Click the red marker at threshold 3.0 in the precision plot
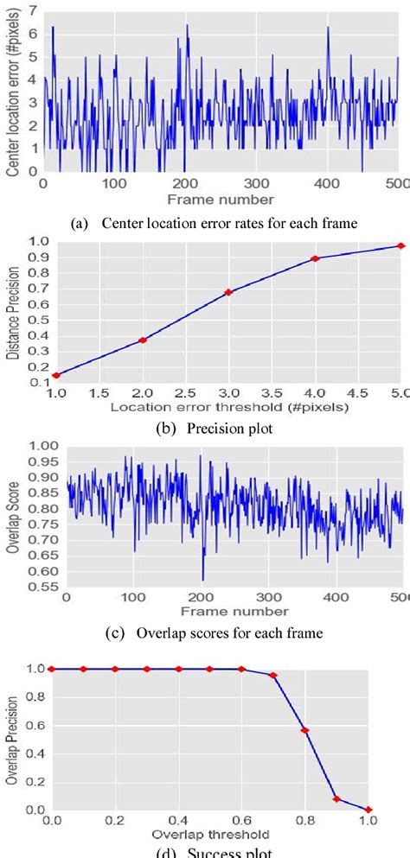[228, 292]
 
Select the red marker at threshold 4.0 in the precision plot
[315, 258]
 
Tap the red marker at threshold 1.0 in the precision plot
[56, 375]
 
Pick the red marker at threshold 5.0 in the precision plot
[400, 245]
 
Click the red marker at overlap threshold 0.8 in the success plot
[304, 730]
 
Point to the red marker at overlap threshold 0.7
[272, 675]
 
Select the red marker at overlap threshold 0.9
[336, 798]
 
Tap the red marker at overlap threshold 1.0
[368, 809]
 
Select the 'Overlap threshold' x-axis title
[209, 835]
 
